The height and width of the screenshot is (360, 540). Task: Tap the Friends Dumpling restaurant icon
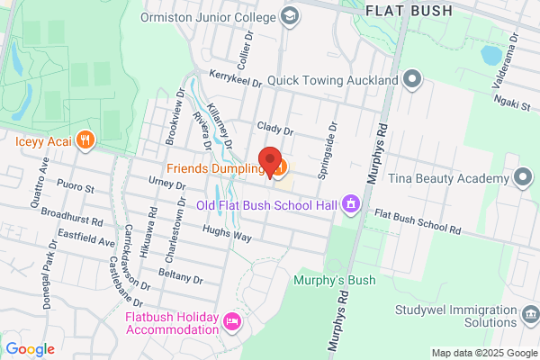click(x=282, y=168)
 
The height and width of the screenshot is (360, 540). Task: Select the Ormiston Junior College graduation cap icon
click(x=290, y=15)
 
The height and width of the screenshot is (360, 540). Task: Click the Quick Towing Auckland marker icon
click(x=412, y=80)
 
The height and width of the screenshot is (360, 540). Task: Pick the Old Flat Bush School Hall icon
click(x=352, y=206)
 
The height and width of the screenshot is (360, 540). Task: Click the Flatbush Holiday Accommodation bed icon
click(x=232, y=321)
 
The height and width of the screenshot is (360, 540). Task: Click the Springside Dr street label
click(x=327, y=149)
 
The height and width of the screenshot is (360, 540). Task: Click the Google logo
click(x=30, y=349)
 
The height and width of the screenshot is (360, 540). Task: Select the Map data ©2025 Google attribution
click(x=483, y=353)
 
